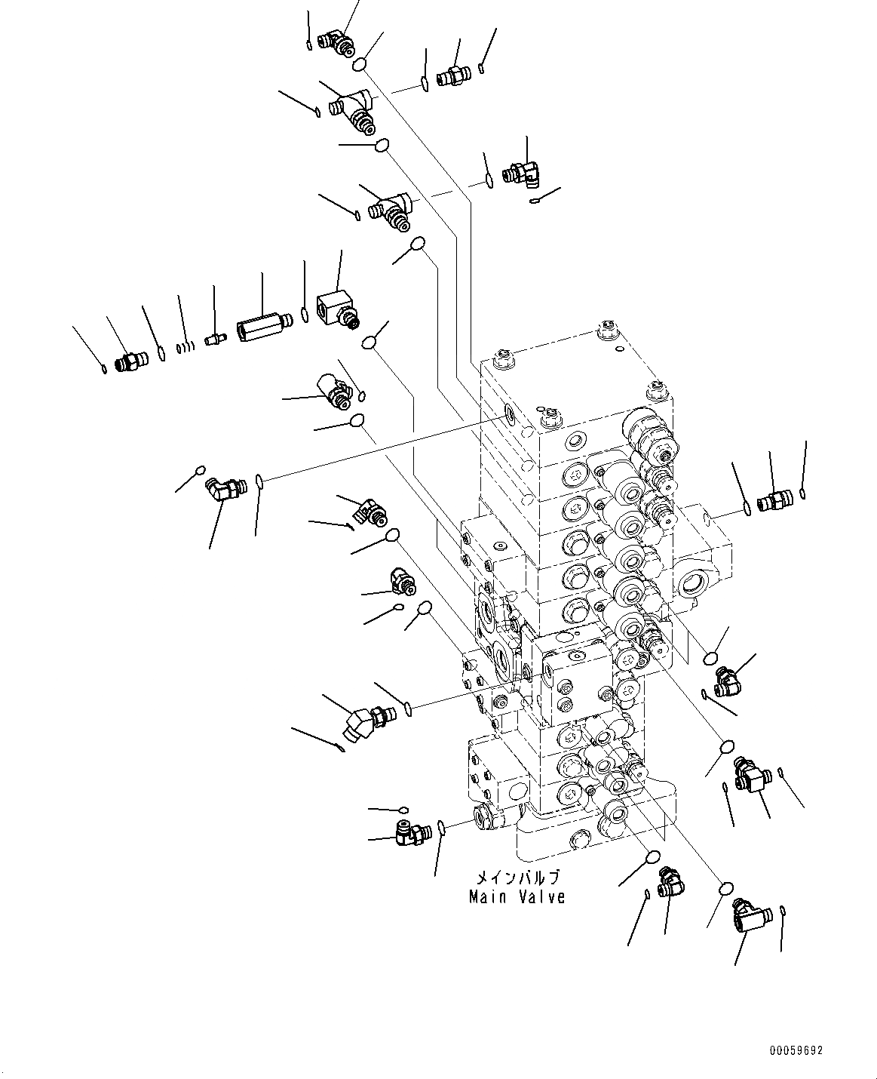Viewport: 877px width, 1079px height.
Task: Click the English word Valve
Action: point(541,897)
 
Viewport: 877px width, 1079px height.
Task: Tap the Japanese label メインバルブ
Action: point(517,878)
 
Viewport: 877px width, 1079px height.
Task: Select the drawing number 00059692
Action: point(796,1050)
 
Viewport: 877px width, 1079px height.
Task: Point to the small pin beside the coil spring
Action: point(215,339)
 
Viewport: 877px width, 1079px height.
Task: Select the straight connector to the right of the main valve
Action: point(774,500)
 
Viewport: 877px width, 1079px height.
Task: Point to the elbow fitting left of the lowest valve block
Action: point(412,832)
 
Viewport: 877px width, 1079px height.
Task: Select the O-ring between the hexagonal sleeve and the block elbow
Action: point(304,314)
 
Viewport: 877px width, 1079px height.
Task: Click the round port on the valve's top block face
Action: point(510,413)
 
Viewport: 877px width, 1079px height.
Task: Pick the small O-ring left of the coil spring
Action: point(161,353)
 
